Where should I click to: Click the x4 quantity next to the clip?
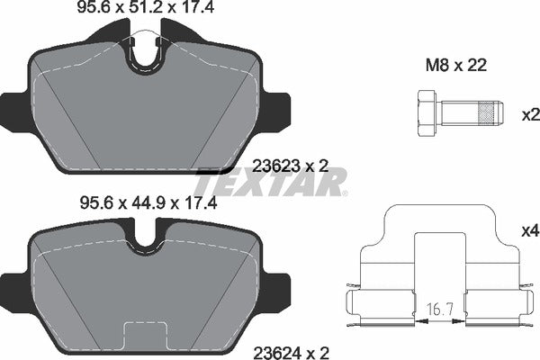pyautogui.click(x=529, y=231)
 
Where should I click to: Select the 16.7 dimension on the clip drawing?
pyautogui.click(x=436, y=308)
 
